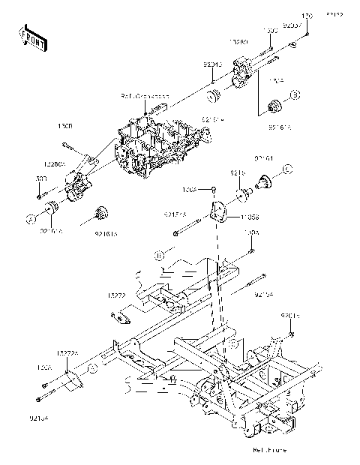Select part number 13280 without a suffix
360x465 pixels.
pyautogui.click(x=238, y=43)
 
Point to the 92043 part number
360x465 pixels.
pyautogui.click(x=212, y=65)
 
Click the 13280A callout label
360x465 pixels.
pyautogui.click(x=55, y=162)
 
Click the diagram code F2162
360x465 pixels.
pyautogui.click(x=334, y=14)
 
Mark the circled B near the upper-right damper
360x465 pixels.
pyautogui.click(x=295, y=94)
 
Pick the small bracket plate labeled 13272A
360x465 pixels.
pyautogui.click(x=71, y=380)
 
